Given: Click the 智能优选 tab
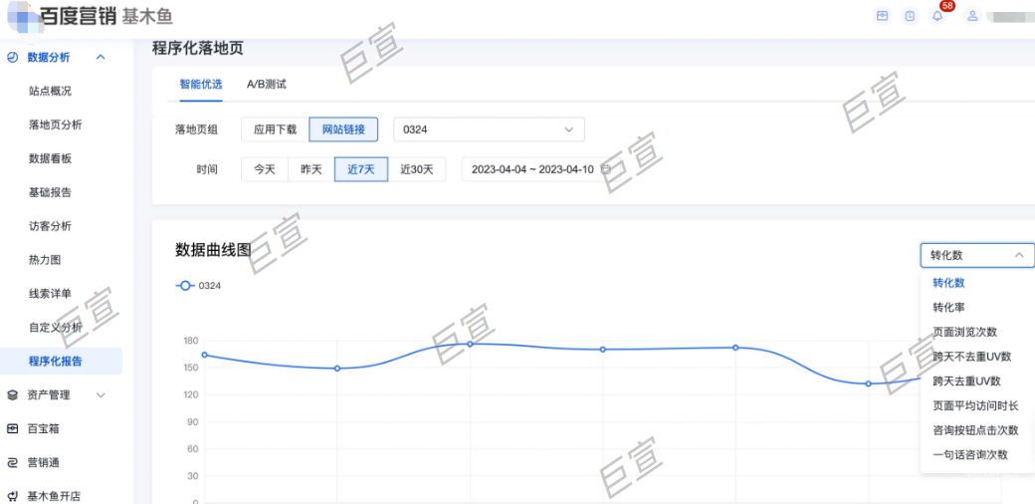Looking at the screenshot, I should tap(200, 85).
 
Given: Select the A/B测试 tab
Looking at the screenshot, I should tap(267, 85).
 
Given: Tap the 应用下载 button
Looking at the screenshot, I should tap(275, 129).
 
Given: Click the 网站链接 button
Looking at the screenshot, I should tap(343, 129).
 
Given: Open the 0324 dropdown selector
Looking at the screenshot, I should tap(489, 129).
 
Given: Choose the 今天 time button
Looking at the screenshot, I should tap(264, 169).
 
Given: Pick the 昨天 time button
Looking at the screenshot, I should tap(311, 169).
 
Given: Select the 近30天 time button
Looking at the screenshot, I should tap(417, 169).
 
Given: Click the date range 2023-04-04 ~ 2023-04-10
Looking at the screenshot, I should tap(533, 169).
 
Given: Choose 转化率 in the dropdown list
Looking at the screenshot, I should tap(948, 308).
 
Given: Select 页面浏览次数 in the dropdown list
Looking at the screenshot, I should tap(964, 332).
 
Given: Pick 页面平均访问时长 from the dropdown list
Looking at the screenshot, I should tap(975, 406).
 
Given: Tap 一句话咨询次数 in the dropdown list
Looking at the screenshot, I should tap(970, 455).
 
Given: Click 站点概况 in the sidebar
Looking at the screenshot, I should tap(50, 91).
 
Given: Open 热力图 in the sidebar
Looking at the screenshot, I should tap(45, 260).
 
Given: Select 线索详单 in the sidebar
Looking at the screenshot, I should tap(50, 294).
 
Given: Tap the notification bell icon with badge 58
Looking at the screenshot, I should tap(937, 16).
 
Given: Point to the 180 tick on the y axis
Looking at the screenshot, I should tap(190, 341).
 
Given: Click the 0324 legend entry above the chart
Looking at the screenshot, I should tap(199, 286).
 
